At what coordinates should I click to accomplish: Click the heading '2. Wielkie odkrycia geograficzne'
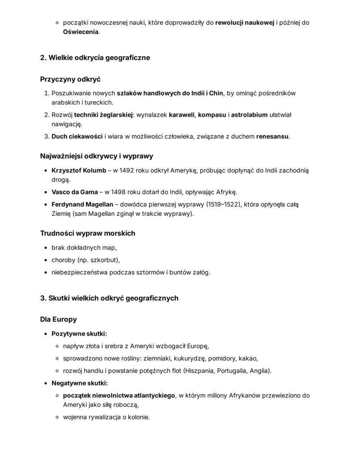[95, 57]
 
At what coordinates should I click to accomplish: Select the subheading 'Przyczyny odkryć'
[70, 79]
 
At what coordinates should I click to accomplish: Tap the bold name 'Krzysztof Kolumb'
[79, 170]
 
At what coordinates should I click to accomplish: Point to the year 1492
[127, 170]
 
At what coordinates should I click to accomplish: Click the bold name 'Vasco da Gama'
[74, 192]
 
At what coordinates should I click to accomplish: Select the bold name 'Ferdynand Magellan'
[82, 205]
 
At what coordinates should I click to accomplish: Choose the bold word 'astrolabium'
[249, 115]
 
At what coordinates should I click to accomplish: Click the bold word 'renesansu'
[272, 136]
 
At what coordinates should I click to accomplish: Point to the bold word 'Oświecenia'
[80, 32]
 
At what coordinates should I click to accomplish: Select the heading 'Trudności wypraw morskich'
[87, 233]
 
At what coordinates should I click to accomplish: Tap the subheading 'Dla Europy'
[58, 319]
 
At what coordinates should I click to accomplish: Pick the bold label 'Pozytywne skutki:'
[79, 334]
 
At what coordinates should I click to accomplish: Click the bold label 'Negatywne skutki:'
[80, 383]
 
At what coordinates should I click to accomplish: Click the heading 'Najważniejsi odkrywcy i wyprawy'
[97, 156]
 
